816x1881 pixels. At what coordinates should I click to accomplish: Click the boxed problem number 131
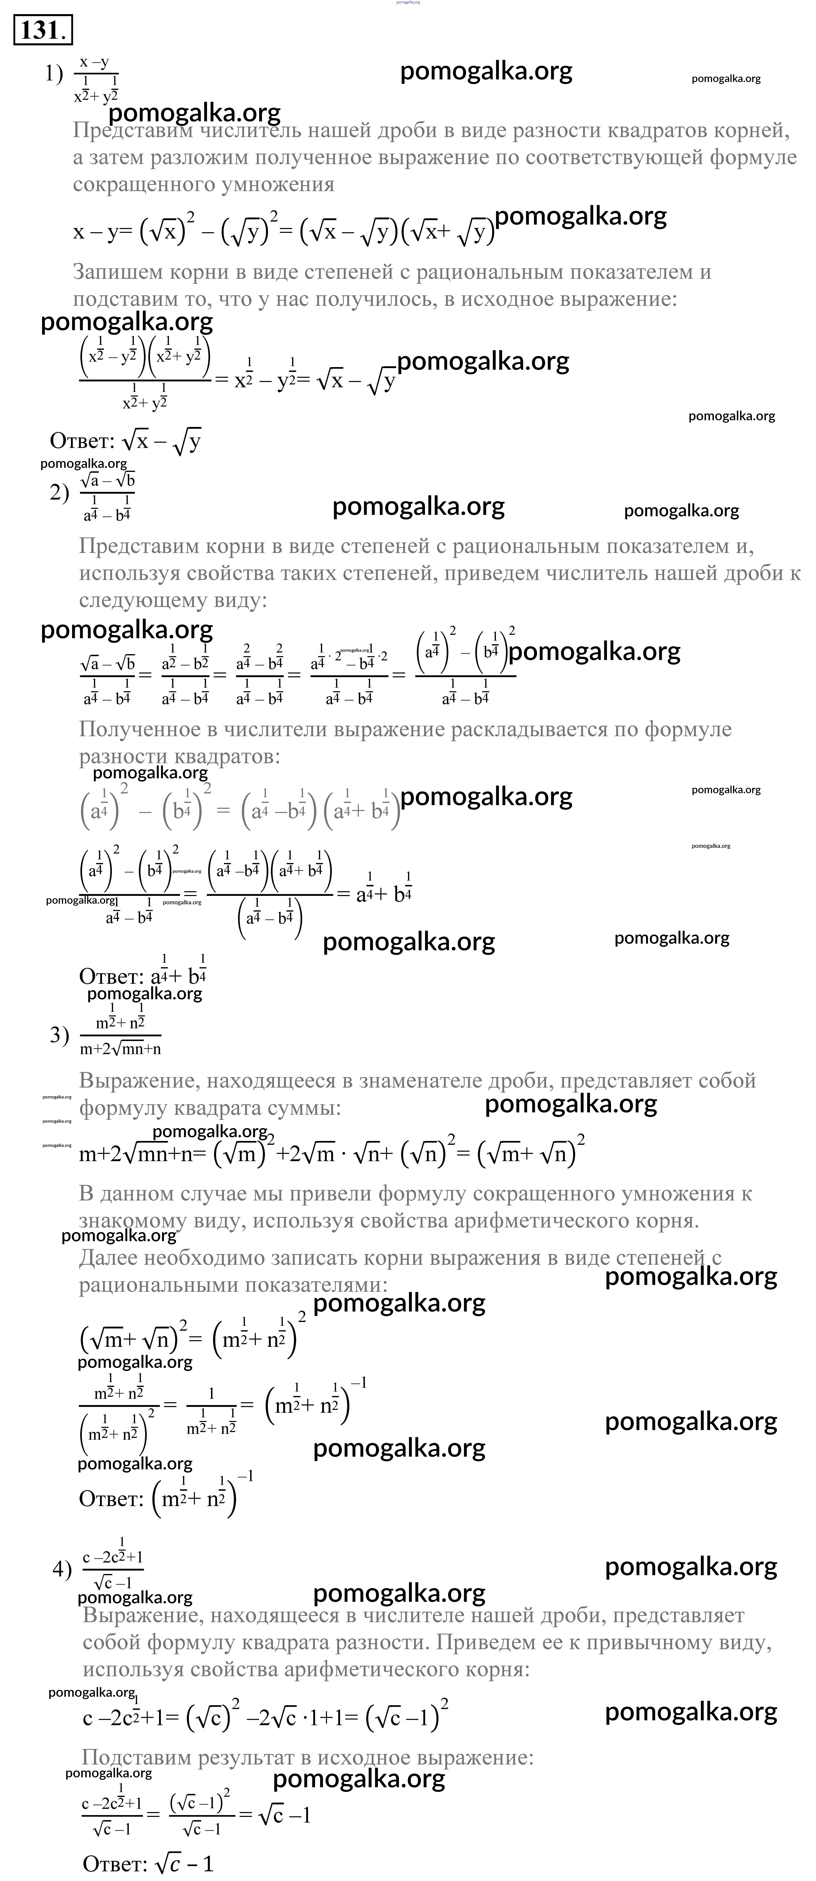click(42, 31)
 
